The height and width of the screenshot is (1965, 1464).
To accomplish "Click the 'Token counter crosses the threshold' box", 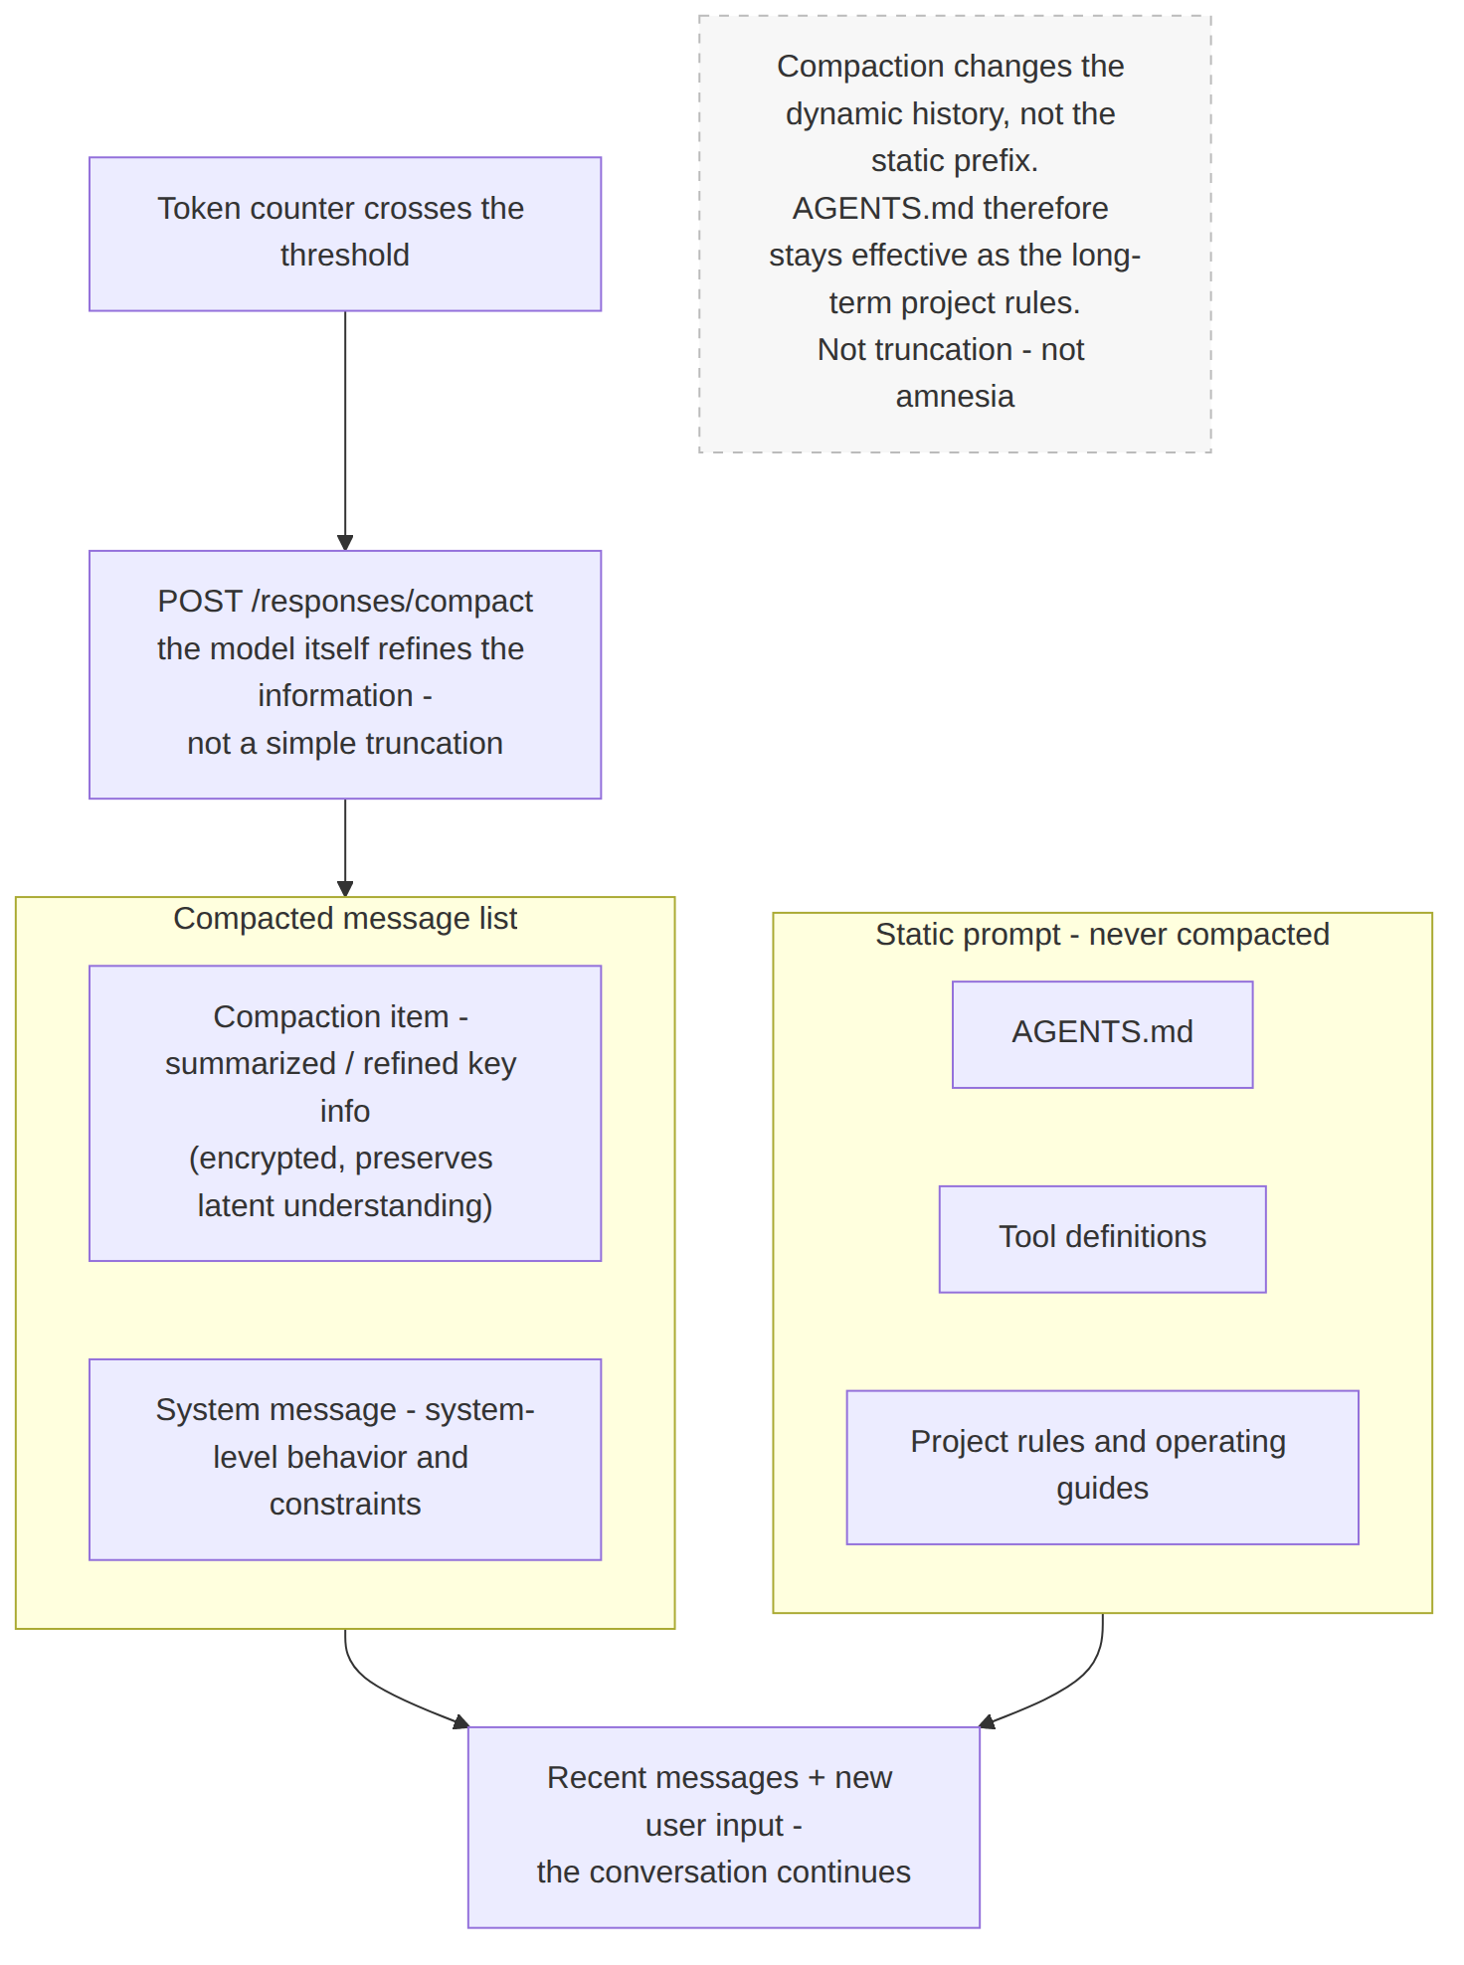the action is [x=345, y=234].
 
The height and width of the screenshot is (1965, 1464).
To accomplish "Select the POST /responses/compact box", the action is [x=345, y=674].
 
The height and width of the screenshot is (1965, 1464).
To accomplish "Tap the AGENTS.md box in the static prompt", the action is [x=1102, y=1034].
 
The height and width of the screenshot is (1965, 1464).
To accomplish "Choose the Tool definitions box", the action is [x=1102, y=1239].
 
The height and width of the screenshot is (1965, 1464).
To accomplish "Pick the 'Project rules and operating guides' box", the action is [x=1102, y=1467].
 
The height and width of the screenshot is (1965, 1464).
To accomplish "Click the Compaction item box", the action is [x=345, y=1113].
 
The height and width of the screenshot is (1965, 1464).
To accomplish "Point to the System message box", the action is [x=345, y=1459].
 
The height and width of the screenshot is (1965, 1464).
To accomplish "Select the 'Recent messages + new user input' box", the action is [x=724, y=1827].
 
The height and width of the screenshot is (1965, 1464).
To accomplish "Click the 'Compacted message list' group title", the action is [x=345, y=918].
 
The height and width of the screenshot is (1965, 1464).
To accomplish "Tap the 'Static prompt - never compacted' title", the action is [x=1102, y=934].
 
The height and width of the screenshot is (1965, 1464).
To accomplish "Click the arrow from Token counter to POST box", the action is [x=345, y=431].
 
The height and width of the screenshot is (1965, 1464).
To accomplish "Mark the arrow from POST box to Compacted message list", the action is [x=345, y=847].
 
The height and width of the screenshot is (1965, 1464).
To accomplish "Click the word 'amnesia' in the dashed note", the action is [x=955, y=396].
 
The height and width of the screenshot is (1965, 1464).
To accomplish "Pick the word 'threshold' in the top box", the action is [x=345, y=255].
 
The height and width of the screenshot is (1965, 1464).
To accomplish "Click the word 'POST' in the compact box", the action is [x=200, y=601].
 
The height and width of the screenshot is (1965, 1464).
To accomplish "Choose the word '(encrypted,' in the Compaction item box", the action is [x=268, y=1158].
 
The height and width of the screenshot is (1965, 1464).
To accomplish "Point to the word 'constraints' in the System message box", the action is [x=345, y=1504].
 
